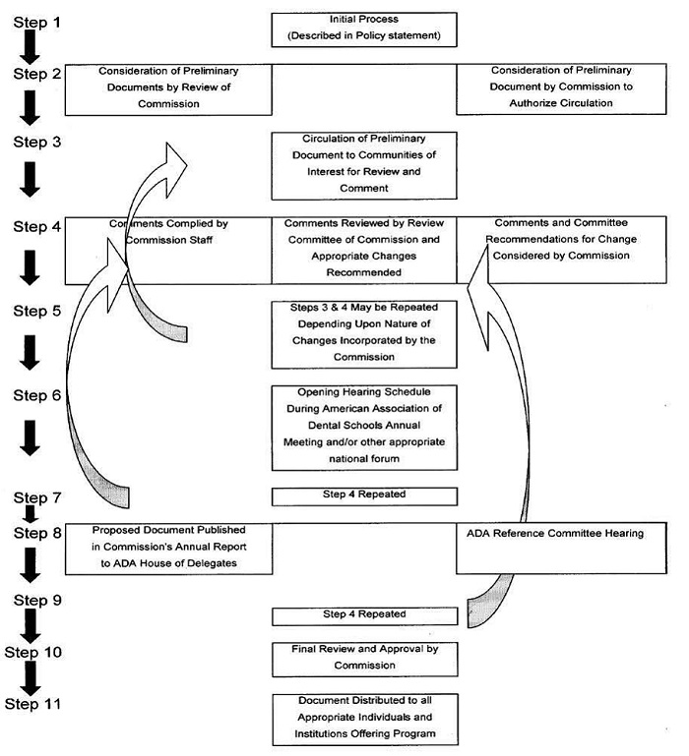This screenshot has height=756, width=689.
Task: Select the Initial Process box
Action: [x=364, y=29]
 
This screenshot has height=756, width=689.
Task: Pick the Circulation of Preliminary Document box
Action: [x=364, y=163]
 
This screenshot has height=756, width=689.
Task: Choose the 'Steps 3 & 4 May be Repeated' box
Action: [x=364, y=332]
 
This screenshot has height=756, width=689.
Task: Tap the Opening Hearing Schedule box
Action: [x=364, y=426]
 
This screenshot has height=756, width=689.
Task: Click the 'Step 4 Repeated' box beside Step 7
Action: [x=364, y=495]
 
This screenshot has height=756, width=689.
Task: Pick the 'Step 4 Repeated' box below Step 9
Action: [x=364, y=615]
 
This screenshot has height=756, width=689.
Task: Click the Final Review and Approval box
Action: [x=364, y=657]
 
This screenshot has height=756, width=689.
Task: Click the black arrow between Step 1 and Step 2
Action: [x=31, y=46]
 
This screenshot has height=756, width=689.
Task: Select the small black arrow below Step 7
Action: [x=31, y=513]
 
